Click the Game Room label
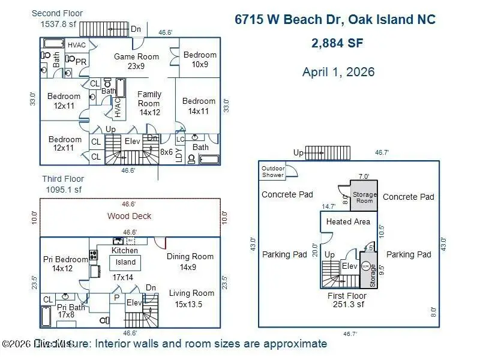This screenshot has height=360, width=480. pos(137,61)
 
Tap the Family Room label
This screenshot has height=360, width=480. pos(149,103)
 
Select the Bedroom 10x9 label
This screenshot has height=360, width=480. pos(200,59)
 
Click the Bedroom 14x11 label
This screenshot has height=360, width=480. pos(199,106)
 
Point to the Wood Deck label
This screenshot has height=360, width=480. pos(129,216)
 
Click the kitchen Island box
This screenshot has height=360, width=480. pos(125,262)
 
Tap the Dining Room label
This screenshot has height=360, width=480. pos(190,262)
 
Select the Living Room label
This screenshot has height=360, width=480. pos(191,298)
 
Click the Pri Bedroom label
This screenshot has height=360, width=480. pos(65,264)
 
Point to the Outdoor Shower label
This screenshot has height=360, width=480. pos(272,172)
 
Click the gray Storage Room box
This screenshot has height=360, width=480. pos(364,197)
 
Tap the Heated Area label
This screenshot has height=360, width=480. pos(348,221)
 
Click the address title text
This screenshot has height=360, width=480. pos(335,19)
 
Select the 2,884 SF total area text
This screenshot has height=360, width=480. pos(337,43)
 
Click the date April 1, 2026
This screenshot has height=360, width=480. pos(338,72)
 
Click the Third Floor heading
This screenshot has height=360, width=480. pos(63,179)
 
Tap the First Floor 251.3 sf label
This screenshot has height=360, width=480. pos(347,300)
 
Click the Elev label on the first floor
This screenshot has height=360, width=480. pos(349,266)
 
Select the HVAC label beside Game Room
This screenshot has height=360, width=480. pos(76,45)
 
